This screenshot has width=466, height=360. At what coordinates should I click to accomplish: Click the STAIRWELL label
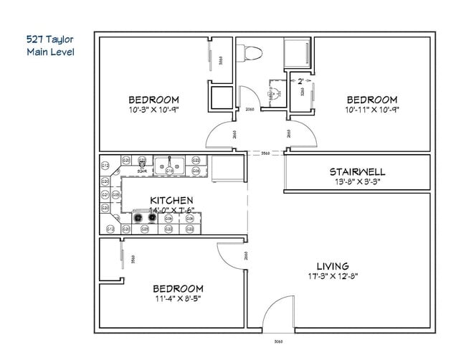(x=357, y=172)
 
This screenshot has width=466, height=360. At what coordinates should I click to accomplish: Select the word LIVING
(x=332, y=266)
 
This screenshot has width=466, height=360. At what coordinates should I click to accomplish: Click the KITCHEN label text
(x=171, y=200)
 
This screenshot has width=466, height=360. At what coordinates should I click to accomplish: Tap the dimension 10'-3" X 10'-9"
(x=153, y=110)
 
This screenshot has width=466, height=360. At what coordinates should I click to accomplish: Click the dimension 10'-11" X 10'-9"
(x=371, y=110)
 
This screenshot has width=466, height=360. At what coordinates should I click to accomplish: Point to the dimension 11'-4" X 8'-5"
(x=177, y=298)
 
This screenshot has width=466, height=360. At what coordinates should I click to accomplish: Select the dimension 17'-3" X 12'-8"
(x=332, y=276)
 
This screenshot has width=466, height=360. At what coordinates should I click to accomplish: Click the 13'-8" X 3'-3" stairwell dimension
(x=357, y=182)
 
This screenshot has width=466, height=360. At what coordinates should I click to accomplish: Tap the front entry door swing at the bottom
(x=277, y=318)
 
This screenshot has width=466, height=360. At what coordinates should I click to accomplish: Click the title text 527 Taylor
(x=49, y=39)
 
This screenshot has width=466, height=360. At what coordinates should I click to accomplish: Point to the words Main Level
(x=49, y=52)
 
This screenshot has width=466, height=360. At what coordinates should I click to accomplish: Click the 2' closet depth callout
(x=300, y=81)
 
